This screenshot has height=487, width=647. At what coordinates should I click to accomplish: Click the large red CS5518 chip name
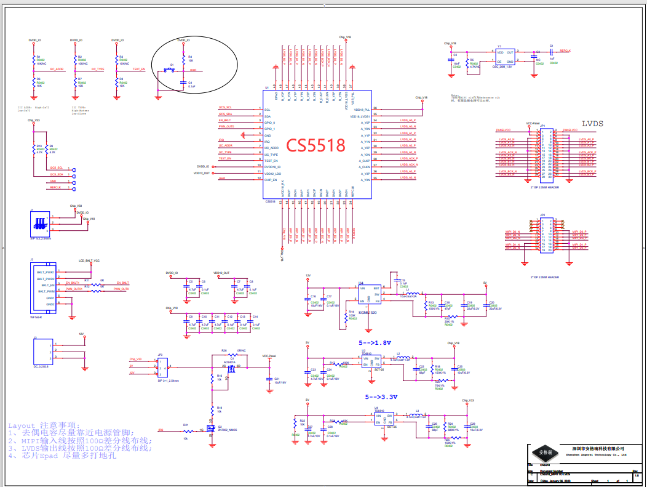(x=317, y=145)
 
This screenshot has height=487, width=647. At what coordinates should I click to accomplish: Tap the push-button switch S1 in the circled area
(x=172, y=68)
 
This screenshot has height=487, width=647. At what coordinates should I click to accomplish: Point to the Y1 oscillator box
(x=506, y=57)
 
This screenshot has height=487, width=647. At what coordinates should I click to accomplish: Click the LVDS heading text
(x=592, y=124)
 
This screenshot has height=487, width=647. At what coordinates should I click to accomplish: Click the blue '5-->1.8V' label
(x=375, y=342)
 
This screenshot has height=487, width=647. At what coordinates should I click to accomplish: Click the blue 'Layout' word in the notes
(x=22, y=425)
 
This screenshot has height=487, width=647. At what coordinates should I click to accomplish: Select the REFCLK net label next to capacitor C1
(x=566, y=52)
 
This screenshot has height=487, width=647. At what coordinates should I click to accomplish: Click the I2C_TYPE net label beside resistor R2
(x=98, y=70)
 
